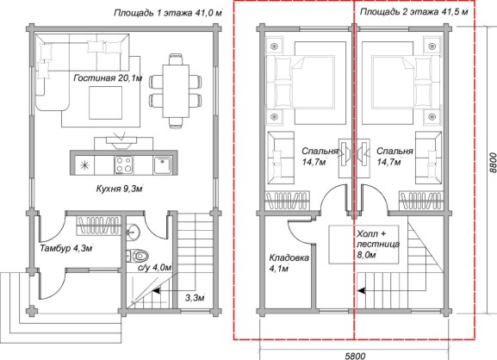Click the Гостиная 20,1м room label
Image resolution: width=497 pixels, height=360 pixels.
(108, 78)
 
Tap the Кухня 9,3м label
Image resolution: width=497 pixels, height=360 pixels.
(119, 189)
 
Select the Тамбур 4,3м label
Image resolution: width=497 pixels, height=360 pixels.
(66, 248)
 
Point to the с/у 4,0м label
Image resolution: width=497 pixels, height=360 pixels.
(154, 268)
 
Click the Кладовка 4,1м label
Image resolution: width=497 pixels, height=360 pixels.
(289, 263)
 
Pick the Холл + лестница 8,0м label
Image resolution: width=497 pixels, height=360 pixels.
(378, 245)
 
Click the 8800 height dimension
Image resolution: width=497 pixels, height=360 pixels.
(492, 163)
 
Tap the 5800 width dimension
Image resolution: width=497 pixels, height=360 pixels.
(355, 356)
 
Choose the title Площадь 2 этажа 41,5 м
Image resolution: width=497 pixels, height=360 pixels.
(414, 12)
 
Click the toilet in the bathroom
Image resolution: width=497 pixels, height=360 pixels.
(138, 256)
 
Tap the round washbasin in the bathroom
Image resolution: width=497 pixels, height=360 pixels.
(134, 231)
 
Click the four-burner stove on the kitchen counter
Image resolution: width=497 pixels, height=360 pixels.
(124, 164)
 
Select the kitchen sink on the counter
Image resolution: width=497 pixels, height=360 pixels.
(163, 164)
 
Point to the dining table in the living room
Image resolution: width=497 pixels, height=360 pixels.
(176, 91)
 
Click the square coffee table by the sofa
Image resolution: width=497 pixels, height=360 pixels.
(106, 102)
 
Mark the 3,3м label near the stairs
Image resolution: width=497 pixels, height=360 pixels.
(195, 298)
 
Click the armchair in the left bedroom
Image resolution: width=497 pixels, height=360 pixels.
(281, 158)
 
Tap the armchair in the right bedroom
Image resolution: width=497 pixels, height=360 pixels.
(429, 158)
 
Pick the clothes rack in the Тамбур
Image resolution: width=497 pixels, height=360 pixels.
(98, 226)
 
